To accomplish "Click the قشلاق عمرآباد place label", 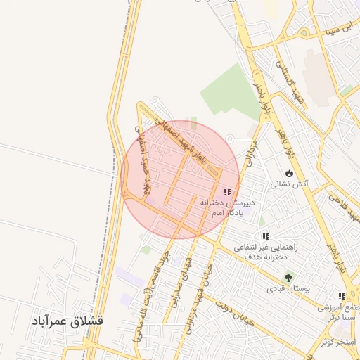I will pyautogui.click(x=67, y=321).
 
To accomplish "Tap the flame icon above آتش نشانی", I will pyautogui.click(x=289, y=173).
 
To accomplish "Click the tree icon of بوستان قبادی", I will pyautogui.click(x=288, y=277).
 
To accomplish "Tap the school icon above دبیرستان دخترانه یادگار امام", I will pyautogui.click(x=226, y=191).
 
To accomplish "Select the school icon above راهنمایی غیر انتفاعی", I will pyautogui.click(x=265, y=236).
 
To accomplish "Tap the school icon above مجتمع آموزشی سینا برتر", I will pyautogui.click(x=342, y=297).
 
